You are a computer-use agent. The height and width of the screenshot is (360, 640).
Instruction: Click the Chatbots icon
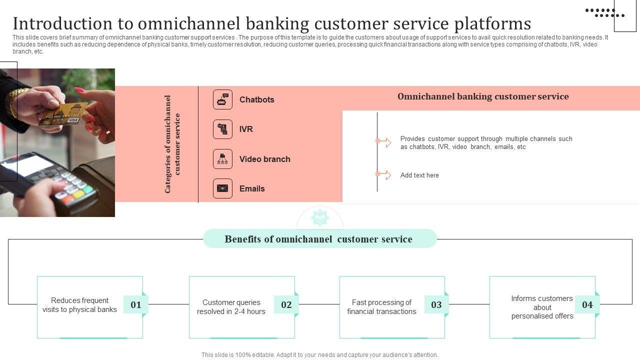click(222, 99)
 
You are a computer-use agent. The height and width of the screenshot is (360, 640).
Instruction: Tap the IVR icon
click(222, 129)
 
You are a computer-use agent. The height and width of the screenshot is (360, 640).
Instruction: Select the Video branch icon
click(222, 159)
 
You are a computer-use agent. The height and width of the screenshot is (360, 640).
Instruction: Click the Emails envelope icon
click(222, 188)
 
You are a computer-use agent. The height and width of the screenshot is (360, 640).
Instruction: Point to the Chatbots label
click(256, 99)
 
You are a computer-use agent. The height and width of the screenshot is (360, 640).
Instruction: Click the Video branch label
click(264, 159)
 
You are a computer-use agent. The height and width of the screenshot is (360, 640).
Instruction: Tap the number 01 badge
click(136, 304)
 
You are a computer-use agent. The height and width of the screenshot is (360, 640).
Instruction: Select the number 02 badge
click(286, 304)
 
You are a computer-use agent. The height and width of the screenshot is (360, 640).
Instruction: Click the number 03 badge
click(436, 304)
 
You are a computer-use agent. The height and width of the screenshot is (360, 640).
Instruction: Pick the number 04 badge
click(587, 304)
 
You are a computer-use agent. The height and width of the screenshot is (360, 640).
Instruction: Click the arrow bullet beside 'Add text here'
click(383, 174)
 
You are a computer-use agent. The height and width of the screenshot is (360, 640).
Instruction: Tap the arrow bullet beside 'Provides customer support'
click(383, 142)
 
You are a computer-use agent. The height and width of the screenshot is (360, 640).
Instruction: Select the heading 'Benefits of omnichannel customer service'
click(318, 239)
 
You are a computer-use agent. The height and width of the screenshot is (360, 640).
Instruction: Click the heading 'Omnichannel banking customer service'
click(483, 96)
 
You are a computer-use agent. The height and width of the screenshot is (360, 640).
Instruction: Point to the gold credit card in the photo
click(63, 114)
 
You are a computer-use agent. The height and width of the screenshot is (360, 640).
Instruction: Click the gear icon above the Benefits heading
click(319, 218)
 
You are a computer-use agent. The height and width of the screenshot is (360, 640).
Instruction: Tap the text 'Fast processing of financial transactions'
click(381, 307)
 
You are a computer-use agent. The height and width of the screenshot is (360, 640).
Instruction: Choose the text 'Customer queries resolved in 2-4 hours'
click(231, 307)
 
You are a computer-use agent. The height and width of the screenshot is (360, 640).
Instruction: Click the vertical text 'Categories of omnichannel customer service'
click(172, 144)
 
